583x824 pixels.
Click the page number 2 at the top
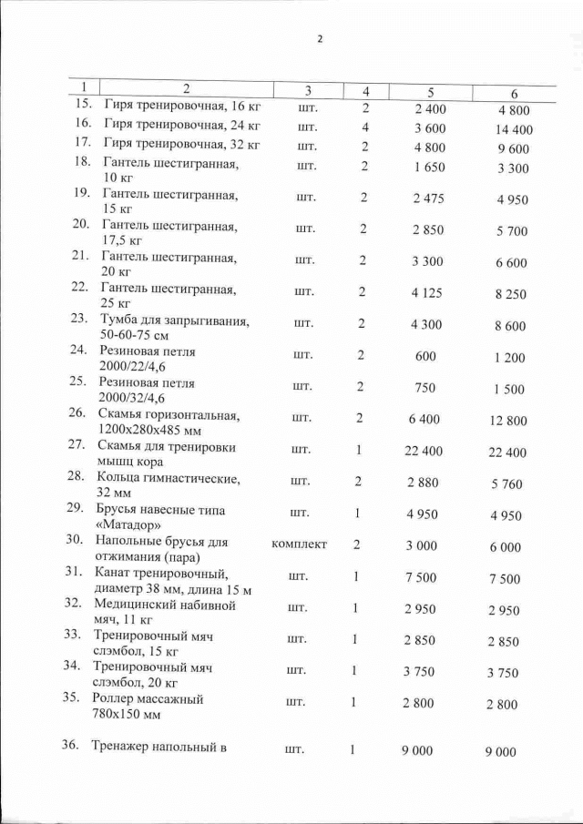319,39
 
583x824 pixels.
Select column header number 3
307,90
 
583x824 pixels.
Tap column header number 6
514,94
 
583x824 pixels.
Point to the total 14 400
514,129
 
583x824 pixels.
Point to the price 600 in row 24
425,357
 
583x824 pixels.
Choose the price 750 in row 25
425,387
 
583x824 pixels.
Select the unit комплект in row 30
299,544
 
